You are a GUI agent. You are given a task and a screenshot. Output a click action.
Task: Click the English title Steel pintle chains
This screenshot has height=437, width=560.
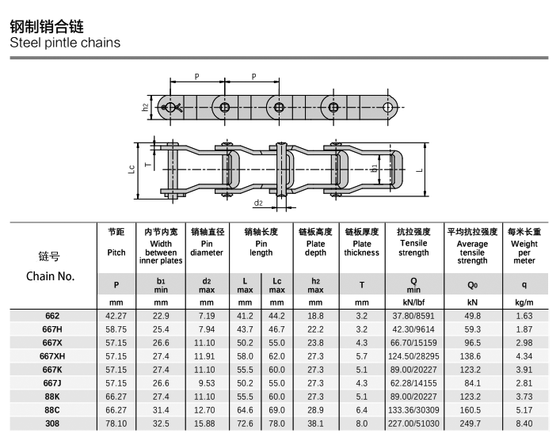(65, 42)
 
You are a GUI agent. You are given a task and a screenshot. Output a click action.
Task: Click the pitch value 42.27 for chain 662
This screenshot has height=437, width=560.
(116, 317)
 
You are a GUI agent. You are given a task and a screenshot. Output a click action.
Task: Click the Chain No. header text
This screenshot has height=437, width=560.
(50, 276)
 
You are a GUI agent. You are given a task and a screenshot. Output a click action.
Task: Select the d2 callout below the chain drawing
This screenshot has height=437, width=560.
(259, 203)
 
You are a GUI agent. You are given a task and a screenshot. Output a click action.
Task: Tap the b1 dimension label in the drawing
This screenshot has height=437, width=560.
(374, 168)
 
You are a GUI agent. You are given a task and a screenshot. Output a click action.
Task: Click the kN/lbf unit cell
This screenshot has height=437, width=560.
(413, 302)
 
